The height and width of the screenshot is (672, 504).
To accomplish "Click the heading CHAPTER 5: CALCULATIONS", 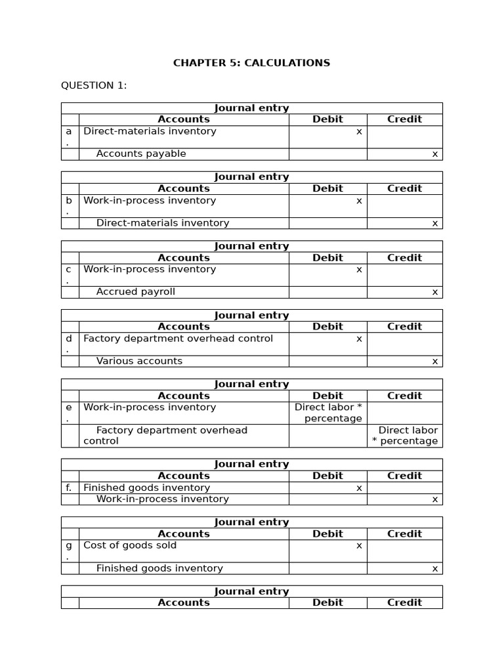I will [251, 63].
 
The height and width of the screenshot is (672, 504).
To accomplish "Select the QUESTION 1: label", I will [94, 85].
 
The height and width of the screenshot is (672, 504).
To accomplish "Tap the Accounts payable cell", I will [141, 154].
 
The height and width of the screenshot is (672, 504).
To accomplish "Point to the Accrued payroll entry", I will [136, 291].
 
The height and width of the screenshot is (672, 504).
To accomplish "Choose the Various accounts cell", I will [139, 361].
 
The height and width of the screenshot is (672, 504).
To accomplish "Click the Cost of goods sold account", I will [130, 545].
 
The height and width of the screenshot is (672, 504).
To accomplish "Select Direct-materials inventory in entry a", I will [150, 131].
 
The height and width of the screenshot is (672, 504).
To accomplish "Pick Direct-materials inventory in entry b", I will [163, 223].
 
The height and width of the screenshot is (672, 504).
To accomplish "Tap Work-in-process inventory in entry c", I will [150, 269].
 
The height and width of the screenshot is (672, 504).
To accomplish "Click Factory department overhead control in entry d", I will [178, 339].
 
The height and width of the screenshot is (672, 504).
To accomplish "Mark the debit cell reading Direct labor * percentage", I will [328, 413].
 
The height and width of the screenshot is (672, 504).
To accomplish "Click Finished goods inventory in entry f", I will [146, 488].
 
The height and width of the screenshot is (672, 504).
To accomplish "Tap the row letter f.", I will [69, 488].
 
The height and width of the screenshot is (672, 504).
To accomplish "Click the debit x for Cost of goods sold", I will [359, 545].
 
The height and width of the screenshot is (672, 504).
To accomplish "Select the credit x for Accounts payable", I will [434, 154].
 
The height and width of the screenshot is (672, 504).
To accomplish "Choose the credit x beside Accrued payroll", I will [434, 291].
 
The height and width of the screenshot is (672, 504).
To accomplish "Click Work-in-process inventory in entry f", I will [163, 499].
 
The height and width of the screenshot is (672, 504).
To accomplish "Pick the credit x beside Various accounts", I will [434, 361].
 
